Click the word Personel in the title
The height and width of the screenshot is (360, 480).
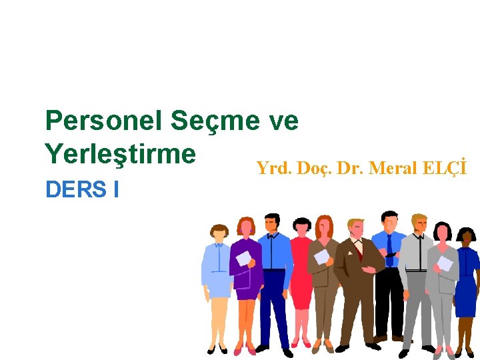point(103,121)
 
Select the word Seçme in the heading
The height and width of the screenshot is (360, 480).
point(214,121)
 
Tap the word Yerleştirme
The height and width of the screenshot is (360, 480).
point(121,154)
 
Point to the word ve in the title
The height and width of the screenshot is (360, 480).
point(283,121)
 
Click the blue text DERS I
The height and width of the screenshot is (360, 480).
point(82,190)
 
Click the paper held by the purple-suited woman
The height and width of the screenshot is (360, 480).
point(243,258)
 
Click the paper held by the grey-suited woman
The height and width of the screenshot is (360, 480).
point(445,263)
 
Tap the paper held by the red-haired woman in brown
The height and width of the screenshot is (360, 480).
point(322,257)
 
